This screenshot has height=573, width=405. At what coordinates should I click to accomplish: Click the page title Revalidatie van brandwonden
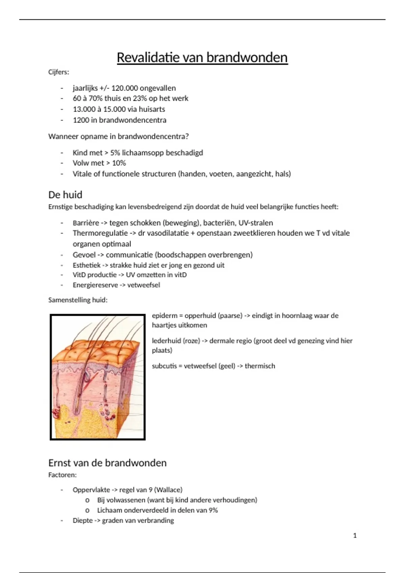tap(202, 58)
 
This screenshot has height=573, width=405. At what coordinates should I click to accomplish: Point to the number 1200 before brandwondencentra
tap(81, 120)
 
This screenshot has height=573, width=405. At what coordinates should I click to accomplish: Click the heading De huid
tap(65, 195)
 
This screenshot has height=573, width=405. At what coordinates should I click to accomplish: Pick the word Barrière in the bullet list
tap(86, 223)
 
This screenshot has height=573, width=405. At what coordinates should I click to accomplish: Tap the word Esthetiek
tap(86, 265)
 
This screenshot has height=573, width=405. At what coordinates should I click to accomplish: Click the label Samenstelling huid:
tap(78, 300)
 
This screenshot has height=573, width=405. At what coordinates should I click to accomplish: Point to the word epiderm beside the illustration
tap(164, 316)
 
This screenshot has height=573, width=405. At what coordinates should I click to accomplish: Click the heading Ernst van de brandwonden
tap(107, 463)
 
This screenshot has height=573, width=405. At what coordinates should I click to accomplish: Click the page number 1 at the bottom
tap(355, 536)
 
